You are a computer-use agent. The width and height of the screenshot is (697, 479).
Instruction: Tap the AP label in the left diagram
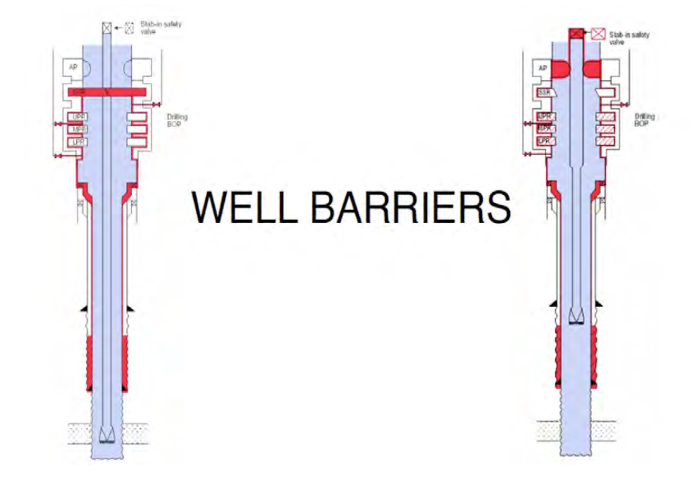coord(73,68)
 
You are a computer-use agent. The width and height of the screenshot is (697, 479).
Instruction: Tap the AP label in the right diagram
coord(542,68)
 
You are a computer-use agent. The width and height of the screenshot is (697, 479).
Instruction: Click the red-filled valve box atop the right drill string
coord(576,32)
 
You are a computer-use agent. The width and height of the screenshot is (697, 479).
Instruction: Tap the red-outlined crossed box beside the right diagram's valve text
coord(599,33)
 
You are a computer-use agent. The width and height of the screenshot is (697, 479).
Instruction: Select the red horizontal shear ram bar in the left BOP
coord(106,91)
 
